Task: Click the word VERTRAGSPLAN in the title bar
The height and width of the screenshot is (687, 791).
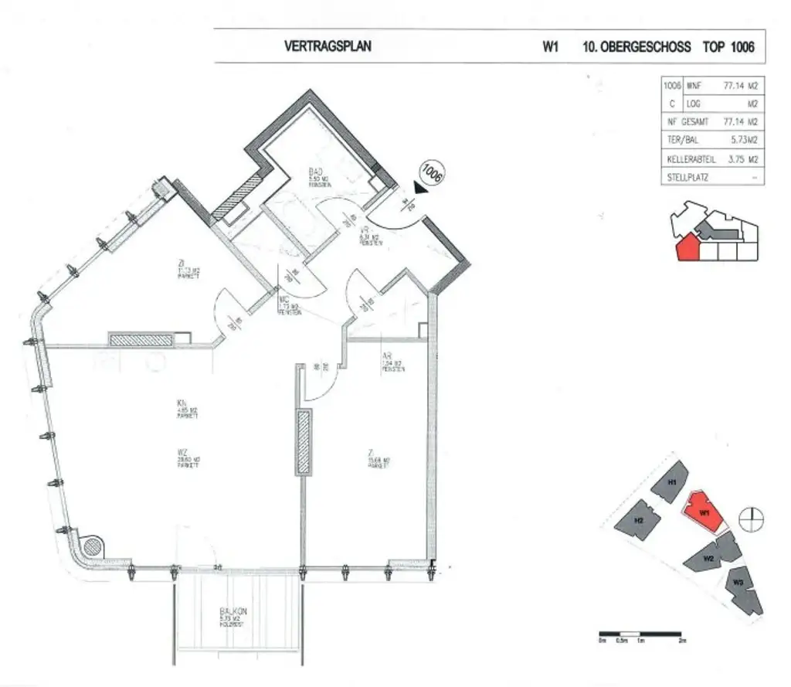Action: pos(328,46)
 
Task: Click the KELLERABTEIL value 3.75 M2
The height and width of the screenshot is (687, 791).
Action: pos(742,160)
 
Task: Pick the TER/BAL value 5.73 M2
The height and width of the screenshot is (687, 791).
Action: pos(742,141)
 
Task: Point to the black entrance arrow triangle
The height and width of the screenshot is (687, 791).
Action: pos(418,187)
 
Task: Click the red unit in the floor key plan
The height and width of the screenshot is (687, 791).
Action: pos(687,247)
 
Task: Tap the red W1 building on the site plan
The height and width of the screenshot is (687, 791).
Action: pos(704,512)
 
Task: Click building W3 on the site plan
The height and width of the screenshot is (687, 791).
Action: pos(739,585)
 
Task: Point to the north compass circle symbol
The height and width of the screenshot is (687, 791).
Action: pos(749,519)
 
